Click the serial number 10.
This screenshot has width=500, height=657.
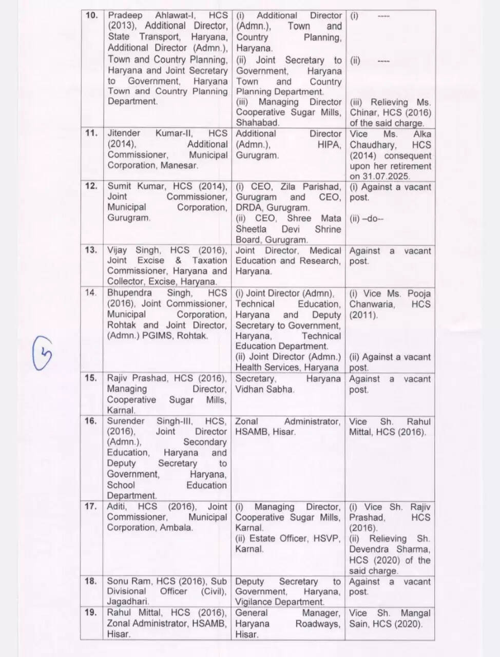pyautogui.click(x=91, y=15)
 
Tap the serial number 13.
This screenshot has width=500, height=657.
pyautogui.click(x=91, y=250)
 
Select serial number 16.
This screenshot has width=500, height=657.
pyautogui.click(x=91, y=421)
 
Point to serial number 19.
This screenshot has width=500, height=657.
pyautogui.click(x=91, y=612)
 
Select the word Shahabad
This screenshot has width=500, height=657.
pyautogui.click(x=257, y=123)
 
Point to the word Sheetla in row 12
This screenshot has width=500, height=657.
pyautogui.click(x=251, y=229)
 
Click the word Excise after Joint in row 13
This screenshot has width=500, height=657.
pyautogui.click(x=151, y=261)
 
